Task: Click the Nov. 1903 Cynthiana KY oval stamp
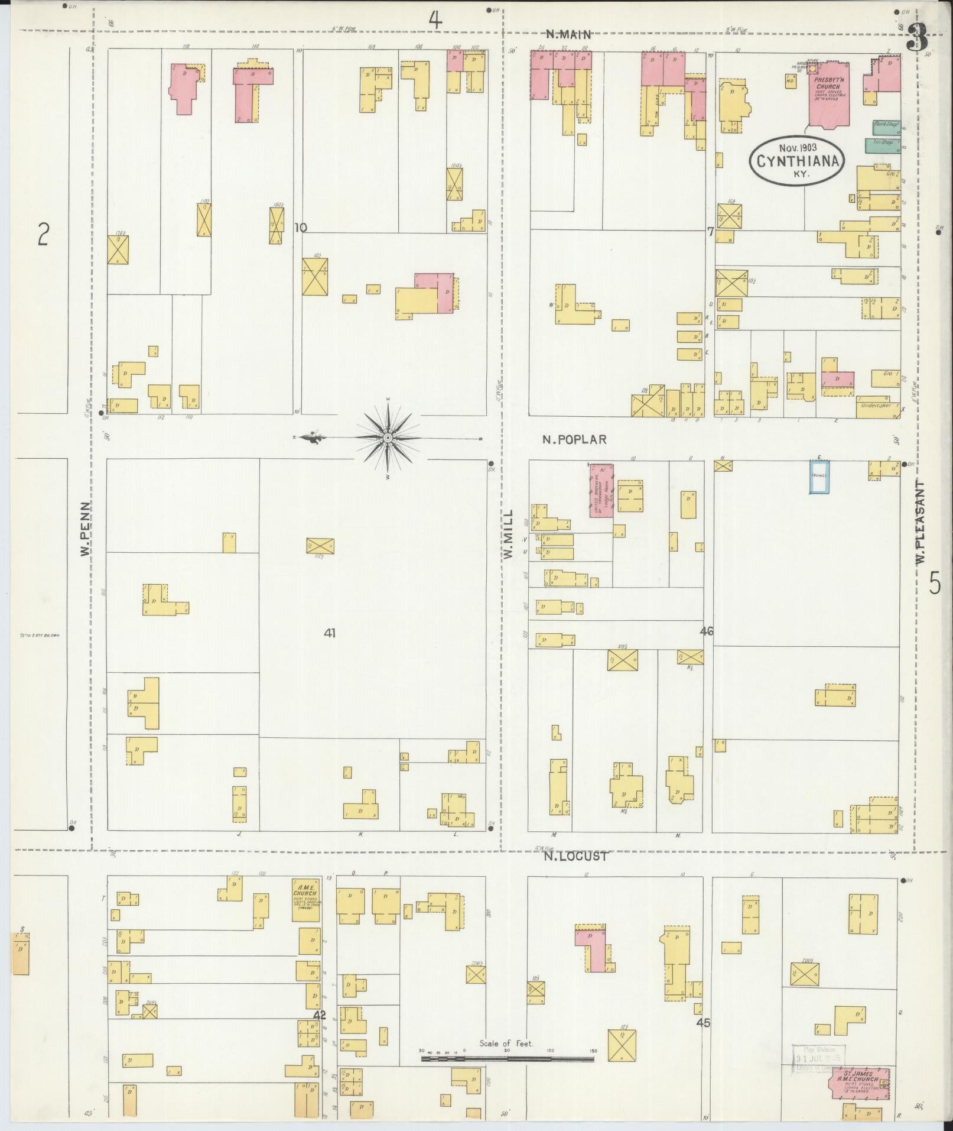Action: point(798,160)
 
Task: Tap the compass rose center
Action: point(388,438)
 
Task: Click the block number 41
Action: point(330,633)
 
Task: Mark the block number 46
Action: point(706,631)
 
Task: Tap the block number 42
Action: point(320,1015)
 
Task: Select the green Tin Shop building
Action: point(882,145)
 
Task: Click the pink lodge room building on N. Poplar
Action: point(601,490)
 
